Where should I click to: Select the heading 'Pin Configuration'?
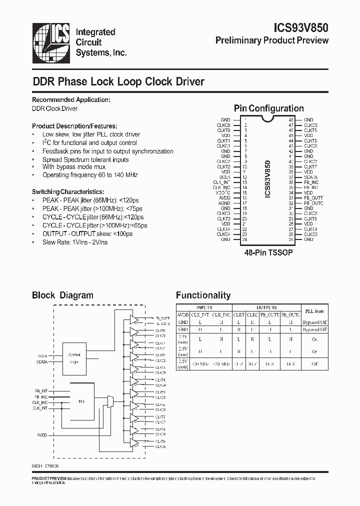(x=268, y=108)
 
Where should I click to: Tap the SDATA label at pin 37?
(x=310, y=177)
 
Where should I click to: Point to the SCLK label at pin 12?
(x=225, y=177)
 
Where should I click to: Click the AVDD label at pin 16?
(x=225, y=198)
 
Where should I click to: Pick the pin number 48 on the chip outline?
(x=291, y=120)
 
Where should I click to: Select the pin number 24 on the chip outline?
(x=245, y=239)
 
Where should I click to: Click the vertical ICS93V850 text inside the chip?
(x=268, y=180)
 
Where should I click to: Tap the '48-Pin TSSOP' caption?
(x=268, y=253)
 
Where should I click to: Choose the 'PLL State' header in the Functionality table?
(x=315, y=311)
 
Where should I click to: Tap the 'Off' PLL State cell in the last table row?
(x=315, y=364)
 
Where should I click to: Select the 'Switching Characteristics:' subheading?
(x=68, y=192)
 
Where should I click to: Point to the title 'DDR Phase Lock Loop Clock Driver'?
(x=118, y=81)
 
